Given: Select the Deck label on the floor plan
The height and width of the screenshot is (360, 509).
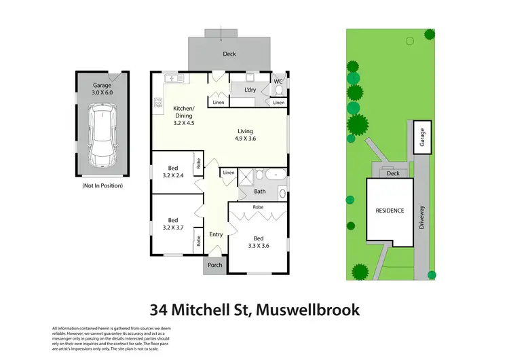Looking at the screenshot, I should (x=229, y=53).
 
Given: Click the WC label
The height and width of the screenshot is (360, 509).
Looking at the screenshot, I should (x=278, y=82).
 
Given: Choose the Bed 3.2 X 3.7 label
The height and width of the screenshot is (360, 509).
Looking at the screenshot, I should (x=172, y=223).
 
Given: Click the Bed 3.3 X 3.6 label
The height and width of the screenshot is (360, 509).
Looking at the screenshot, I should (x=259, y=242).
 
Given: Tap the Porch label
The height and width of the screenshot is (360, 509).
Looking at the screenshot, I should (x=215, y=265).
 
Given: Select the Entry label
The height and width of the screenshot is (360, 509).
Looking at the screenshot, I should (x=216, y=234).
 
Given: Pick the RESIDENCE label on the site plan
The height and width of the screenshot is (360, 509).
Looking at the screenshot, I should (x=390, y=211).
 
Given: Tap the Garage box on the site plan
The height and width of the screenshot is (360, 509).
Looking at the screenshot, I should (x=421, y=137).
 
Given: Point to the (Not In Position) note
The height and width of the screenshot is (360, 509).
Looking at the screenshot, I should (x=100, y=185).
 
